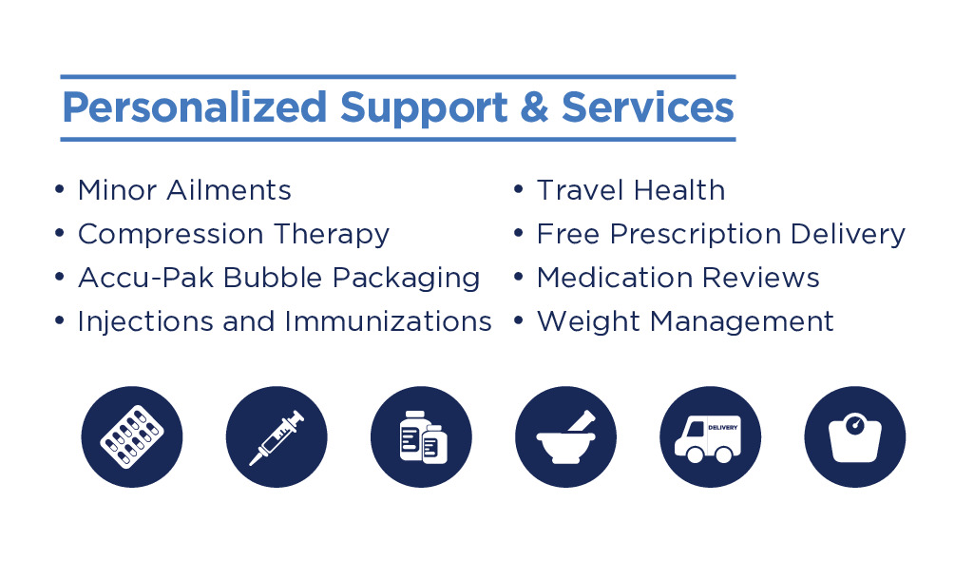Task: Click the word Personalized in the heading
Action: tap(195, 108)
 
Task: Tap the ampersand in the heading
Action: tap(535, 106)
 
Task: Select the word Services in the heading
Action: tap(648, 106)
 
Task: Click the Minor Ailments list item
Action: tap(184, 190)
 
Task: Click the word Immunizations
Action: tap(389, 321)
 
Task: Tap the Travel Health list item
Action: tap(631, 190)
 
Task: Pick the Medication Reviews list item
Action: tap(678, 278)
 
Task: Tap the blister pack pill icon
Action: tap(132, 436)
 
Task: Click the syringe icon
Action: tap(277, 436)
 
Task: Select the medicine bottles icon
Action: tap(421, 436)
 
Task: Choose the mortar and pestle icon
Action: tap(566, 436)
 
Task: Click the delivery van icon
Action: tap(711, 436)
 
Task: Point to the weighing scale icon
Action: tap(855, 436)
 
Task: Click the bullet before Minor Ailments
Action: tap(60, 188)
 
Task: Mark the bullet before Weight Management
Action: tap(519, 319)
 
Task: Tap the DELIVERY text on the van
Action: tap(723, 428)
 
